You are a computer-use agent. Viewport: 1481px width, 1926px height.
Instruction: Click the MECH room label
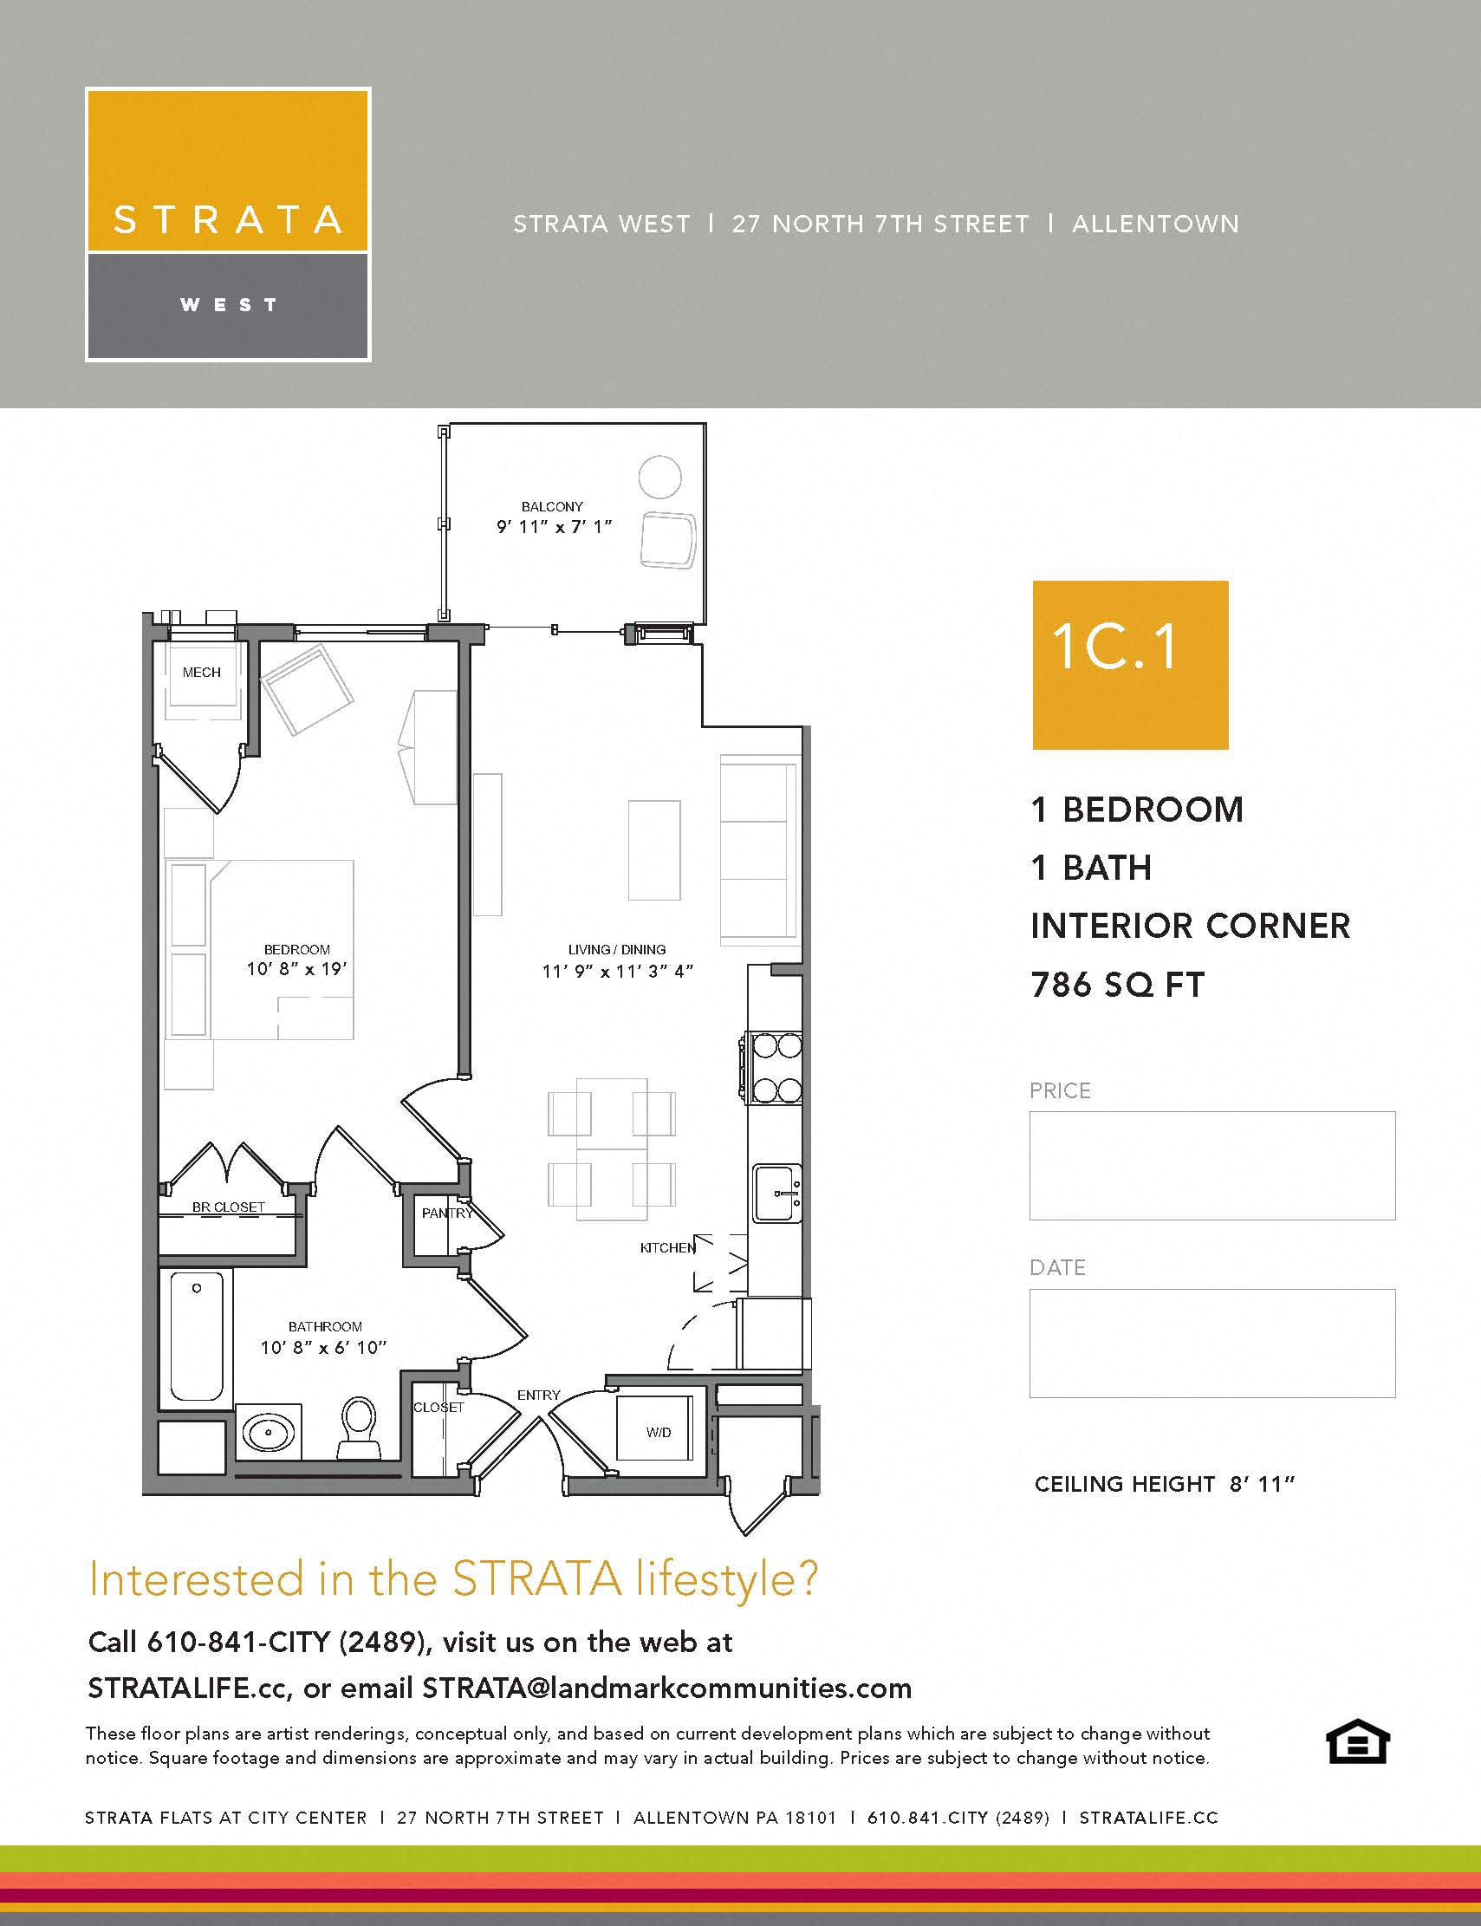click(x=201, y=672)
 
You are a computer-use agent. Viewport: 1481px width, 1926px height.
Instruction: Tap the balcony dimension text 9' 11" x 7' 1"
click(x=554, y=527)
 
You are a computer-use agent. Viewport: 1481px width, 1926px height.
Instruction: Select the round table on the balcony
click(x=659, y=477)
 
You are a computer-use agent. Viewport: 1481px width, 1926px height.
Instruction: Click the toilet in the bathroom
click(x=358, y=1427)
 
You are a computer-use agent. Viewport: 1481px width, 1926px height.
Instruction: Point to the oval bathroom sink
click(x=268, y=1433)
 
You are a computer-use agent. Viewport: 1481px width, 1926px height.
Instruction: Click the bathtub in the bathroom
click(x=196, y=1335)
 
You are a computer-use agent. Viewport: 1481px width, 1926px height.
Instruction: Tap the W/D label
click(x=659, y=1432)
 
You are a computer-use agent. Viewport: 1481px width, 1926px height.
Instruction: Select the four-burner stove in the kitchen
click(x=775, y=1068)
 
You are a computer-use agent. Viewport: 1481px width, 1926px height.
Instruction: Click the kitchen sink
click(x=777, y=1194)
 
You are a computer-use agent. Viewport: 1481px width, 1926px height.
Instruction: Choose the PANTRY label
click(x=447, y=1214)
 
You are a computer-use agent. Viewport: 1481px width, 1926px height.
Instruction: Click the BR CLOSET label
click(x=228, y=1207)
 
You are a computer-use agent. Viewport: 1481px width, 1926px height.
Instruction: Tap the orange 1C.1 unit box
click(x=1130, y=665)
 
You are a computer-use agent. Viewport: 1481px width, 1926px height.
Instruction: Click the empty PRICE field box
click(x=1212, y=1165)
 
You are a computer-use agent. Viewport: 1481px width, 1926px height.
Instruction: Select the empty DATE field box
click(x=1212, y=1343)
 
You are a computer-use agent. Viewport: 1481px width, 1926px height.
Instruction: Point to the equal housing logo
click(x=1357, y=1741)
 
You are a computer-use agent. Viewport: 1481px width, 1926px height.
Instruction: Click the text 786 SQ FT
click(x=1117, y=985)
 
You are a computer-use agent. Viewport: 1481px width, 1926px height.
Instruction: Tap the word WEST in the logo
click(x=228, y=305)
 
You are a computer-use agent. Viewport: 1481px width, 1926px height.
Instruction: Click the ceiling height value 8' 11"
click(x=1262, y=1484)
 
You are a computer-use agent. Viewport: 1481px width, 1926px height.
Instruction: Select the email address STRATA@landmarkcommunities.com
click(x=666, y=1688)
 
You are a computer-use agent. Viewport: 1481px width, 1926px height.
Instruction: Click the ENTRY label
click(x=539, y=1396)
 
